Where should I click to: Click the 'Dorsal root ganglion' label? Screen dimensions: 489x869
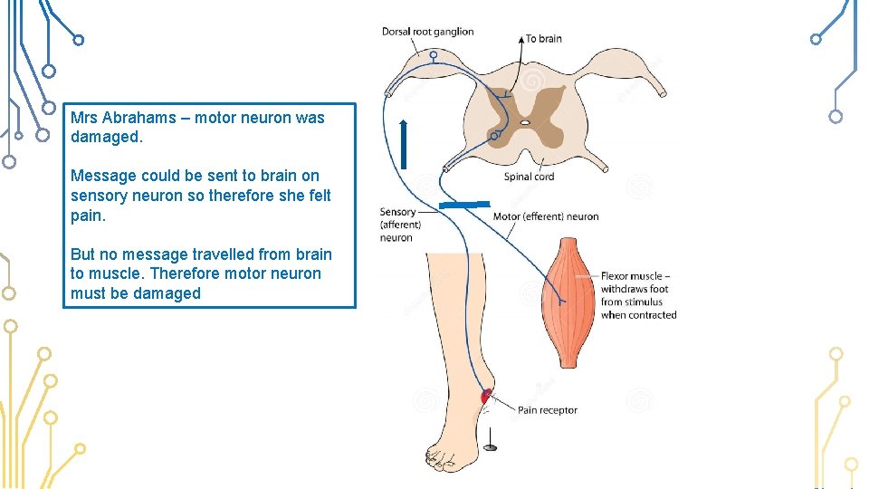coord(427,32)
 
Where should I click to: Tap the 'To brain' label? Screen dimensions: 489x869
coord(543,39)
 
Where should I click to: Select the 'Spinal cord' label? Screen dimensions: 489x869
coord(529,177)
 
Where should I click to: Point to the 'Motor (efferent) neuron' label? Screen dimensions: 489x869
coord(545,216)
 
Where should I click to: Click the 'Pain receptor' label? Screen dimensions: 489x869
coord(547,410)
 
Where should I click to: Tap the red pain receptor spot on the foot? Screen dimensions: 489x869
coord(486,396)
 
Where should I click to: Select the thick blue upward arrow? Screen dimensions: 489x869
coord(404,144)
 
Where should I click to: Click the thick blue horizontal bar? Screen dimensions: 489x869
coord(464,206)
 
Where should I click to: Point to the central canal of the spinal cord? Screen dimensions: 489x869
coord(524,121)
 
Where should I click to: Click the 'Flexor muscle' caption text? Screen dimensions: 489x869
coord(635,276)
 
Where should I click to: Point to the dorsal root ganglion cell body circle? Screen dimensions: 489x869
coord(434,56)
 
